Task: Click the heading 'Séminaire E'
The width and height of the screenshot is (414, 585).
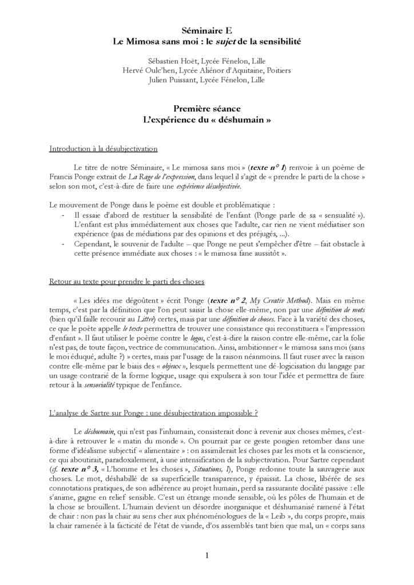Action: [x=206, y=32]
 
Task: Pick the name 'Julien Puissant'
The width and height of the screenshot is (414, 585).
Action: [x=170, y=80]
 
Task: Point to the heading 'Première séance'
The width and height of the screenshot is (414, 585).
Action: [x=206, y=109]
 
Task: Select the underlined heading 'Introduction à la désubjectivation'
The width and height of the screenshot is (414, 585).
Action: [x=103, y=149]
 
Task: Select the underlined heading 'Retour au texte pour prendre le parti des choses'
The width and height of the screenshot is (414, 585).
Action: [x=126, y=282]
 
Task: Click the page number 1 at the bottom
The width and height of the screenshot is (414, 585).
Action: [x=207, y=555]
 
